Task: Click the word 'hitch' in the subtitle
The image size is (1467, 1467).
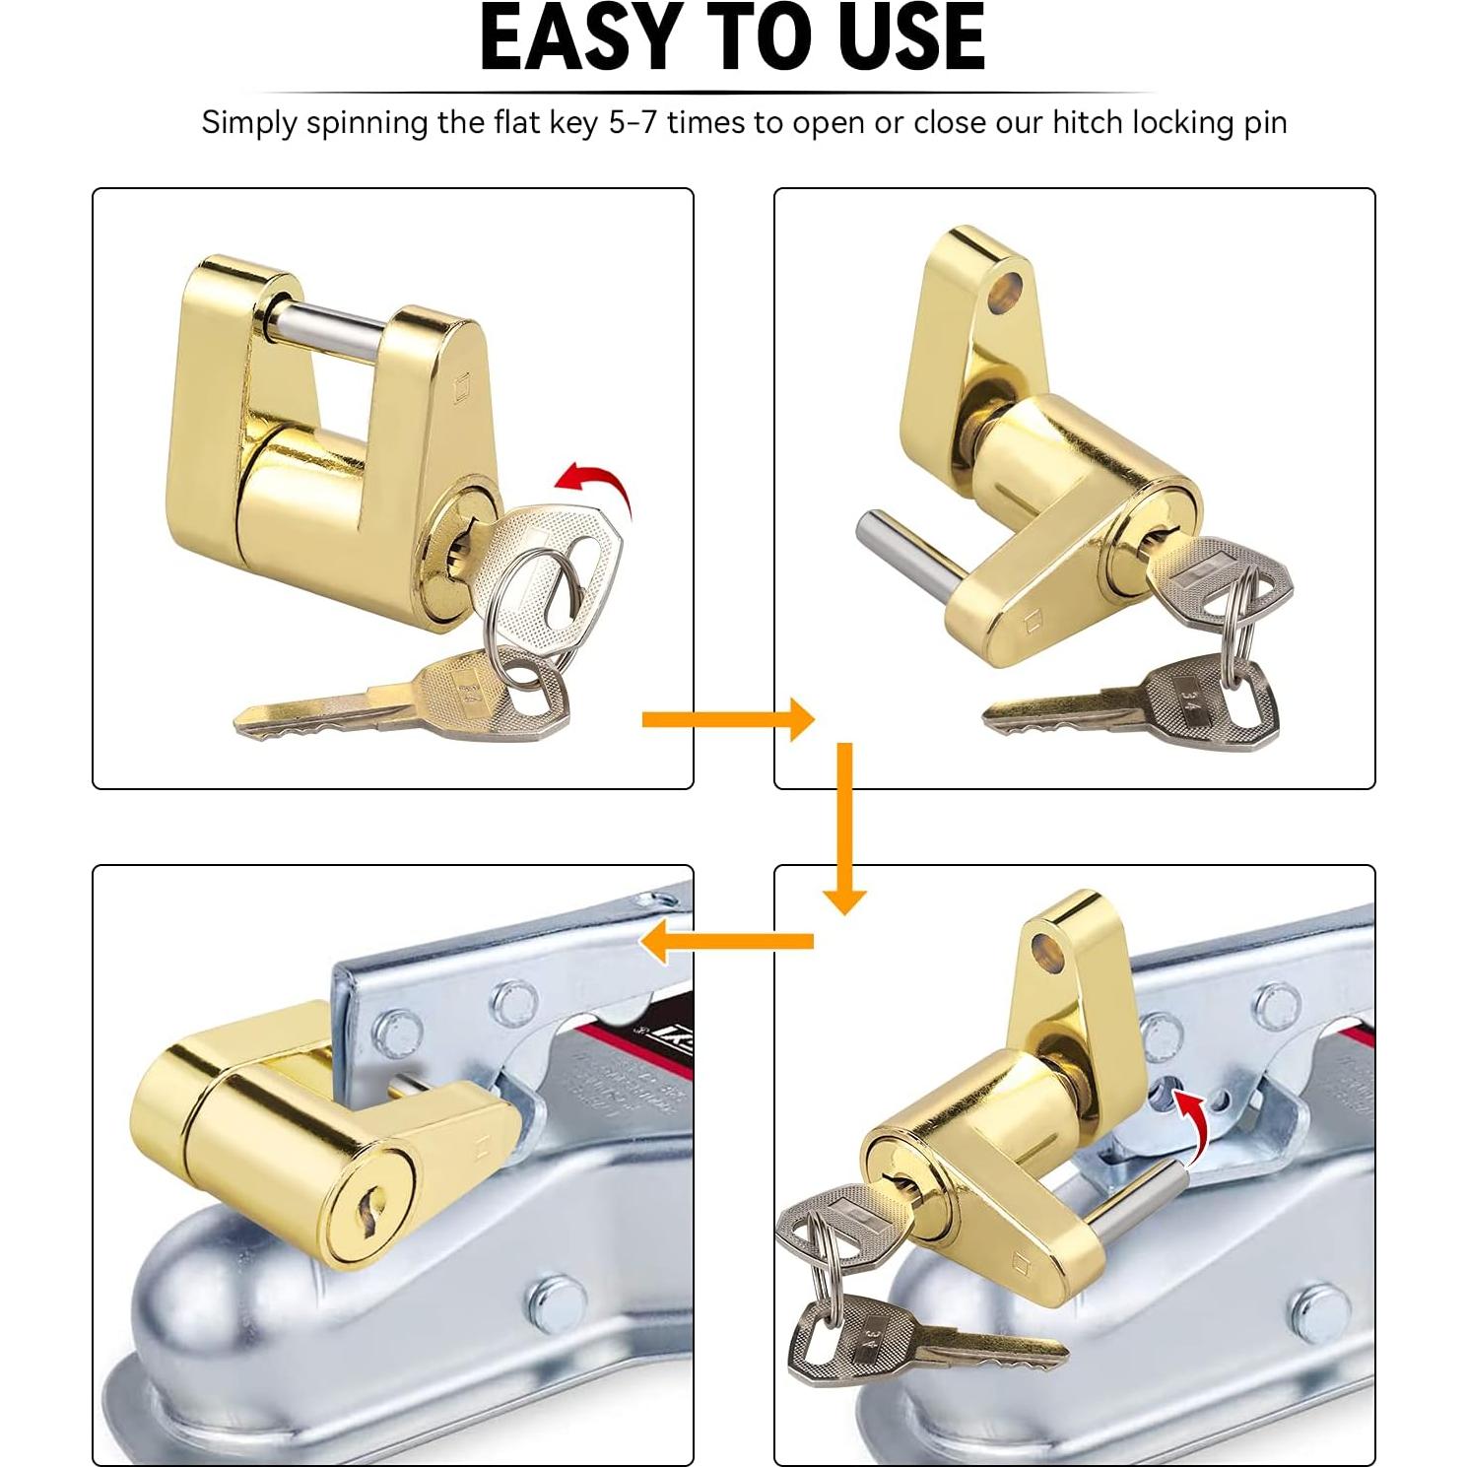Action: [1088, 123]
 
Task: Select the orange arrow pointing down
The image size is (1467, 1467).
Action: [844, 828]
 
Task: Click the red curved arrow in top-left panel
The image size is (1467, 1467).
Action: [595, 485]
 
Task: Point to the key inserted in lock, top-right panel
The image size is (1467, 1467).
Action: [1217, 583]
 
